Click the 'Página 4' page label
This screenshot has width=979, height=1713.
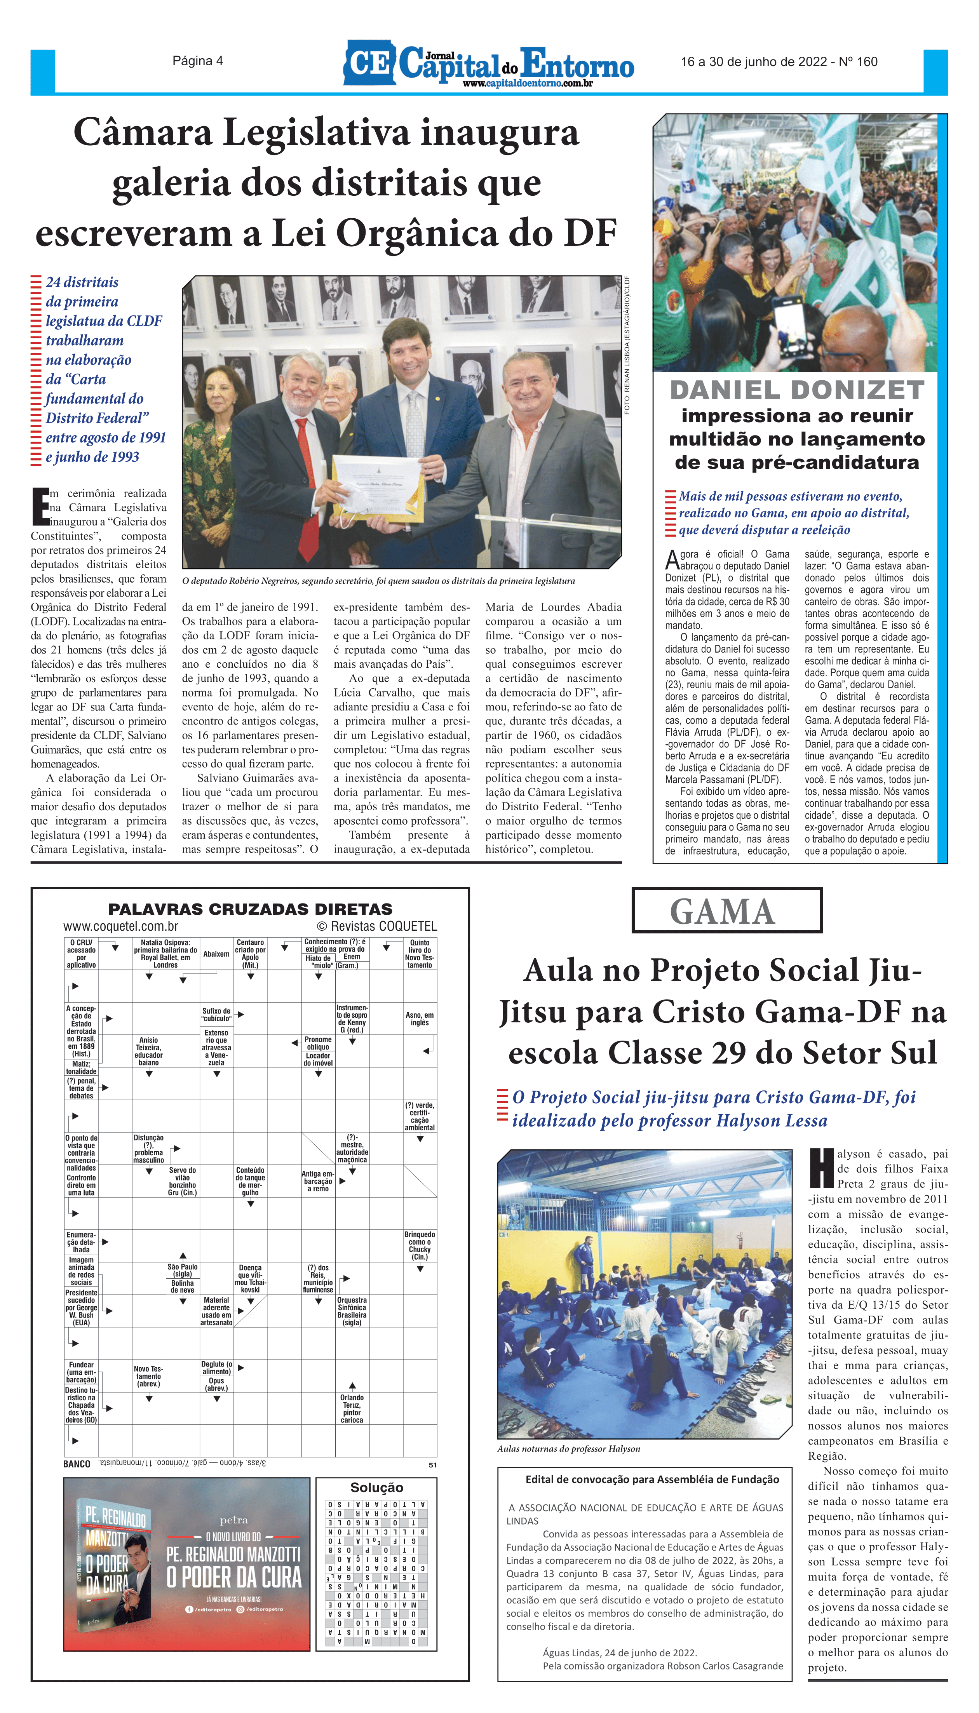click(x=198, y=61)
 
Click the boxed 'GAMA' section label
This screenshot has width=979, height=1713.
click(x=723, y=912)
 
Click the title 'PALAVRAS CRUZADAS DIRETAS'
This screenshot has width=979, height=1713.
click(x=250, y=909)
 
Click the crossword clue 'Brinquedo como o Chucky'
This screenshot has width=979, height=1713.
click(x=420, y=1245)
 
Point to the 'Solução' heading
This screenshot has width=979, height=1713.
click(x=376, y=1488)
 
